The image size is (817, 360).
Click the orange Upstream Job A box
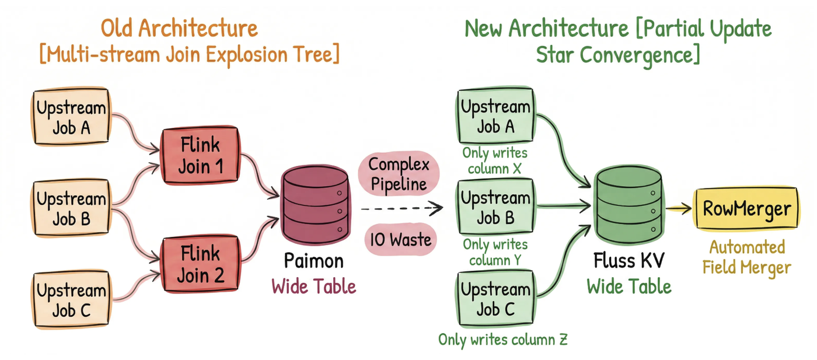pyautogui.click(x=71, y=117)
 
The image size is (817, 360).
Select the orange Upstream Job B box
pyautogui.click(x=71, y=209)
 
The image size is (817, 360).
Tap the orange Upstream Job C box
pyautogui.click(x=71, y=300)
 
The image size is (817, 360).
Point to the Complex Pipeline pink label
pyautogui.click(x=399, y=174)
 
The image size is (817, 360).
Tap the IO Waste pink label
pyautogui.click(x=400, y=239)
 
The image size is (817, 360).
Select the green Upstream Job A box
pyautogui.click(x=495, y=116)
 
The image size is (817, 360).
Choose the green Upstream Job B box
pyautogui.click(x=495, y=208)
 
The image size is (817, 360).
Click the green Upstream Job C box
pyautogui.click(x=495, y=299)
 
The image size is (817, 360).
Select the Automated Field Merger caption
pyautogui.click(x=746, y=257)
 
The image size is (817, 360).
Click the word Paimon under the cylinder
pyautogui.click(x=313, y=260)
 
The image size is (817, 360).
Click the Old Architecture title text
pyautogui.click(x=179, y=28)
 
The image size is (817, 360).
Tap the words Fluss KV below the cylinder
pyautogui.click(x=629, y=260)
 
